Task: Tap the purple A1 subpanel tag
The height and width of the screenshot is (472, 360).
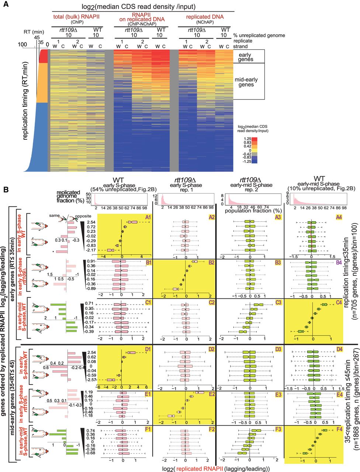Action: tap(148, 218)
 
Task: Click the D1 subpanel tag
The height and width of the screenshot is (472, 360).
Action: tap(148, 348)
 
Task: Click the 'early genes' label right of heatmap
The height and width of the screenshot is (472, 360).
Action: tap(245, 57)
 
